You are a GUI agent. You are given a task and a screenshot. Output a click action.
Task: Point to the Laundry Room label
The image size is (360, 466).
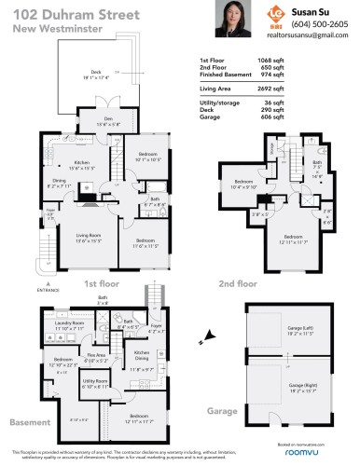tap(69, 325)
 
